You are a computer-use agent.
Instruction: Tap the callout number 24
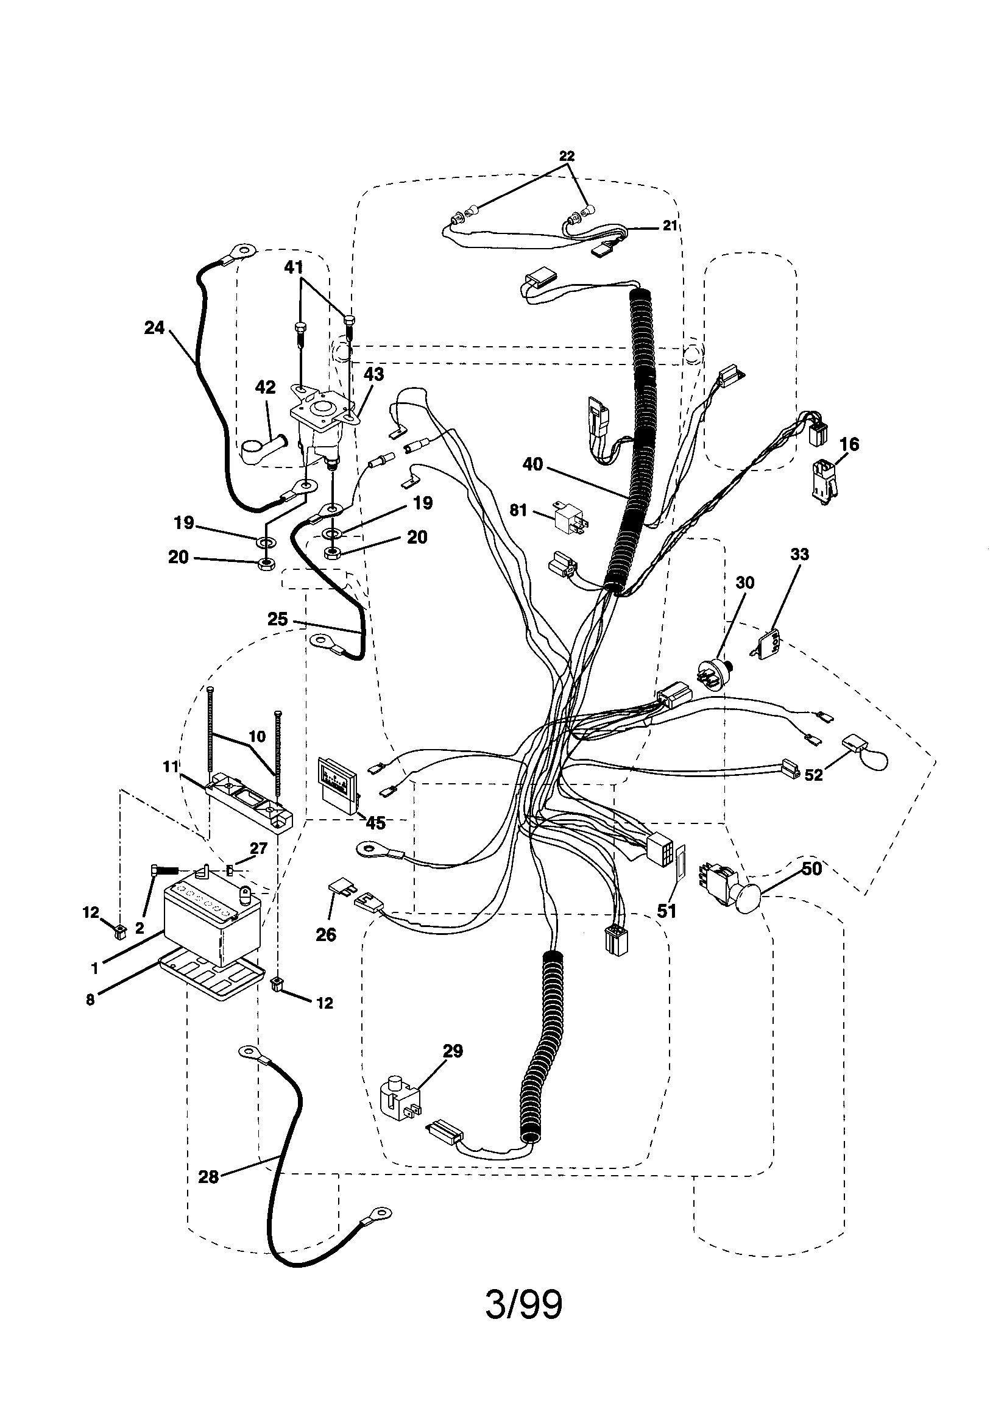(154, 327)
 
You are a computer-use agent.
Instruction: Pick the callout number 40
(532, 464)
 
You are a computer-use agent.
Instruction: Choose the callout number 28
(208, 1193)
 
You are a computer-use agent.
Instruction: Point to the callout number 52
(813, 775)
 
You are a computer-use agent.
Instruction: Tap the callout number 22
(566, 157)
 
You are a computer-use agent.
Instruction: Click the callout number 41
(293, 268)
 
